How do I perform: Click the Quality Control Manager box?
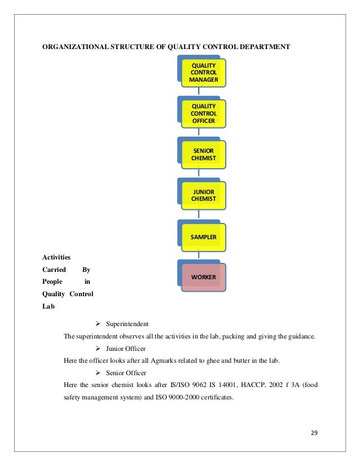(x=203, y=73)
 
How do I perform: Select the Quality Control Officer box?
(x=203, y=113)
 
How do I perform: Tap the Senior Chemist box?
(x=203, y=153)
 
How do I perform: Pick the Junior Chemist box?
(x=203, y=195)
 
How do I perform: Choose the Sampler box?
(x=203, y=236)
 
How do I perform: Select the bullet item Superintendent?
(x=127, y=324)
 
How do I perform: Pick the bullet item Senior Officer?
(x=126, y=373)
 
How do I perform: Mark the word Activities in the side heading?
(x=55, y=257)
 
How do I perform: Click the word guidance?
(x=300, y=337)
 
